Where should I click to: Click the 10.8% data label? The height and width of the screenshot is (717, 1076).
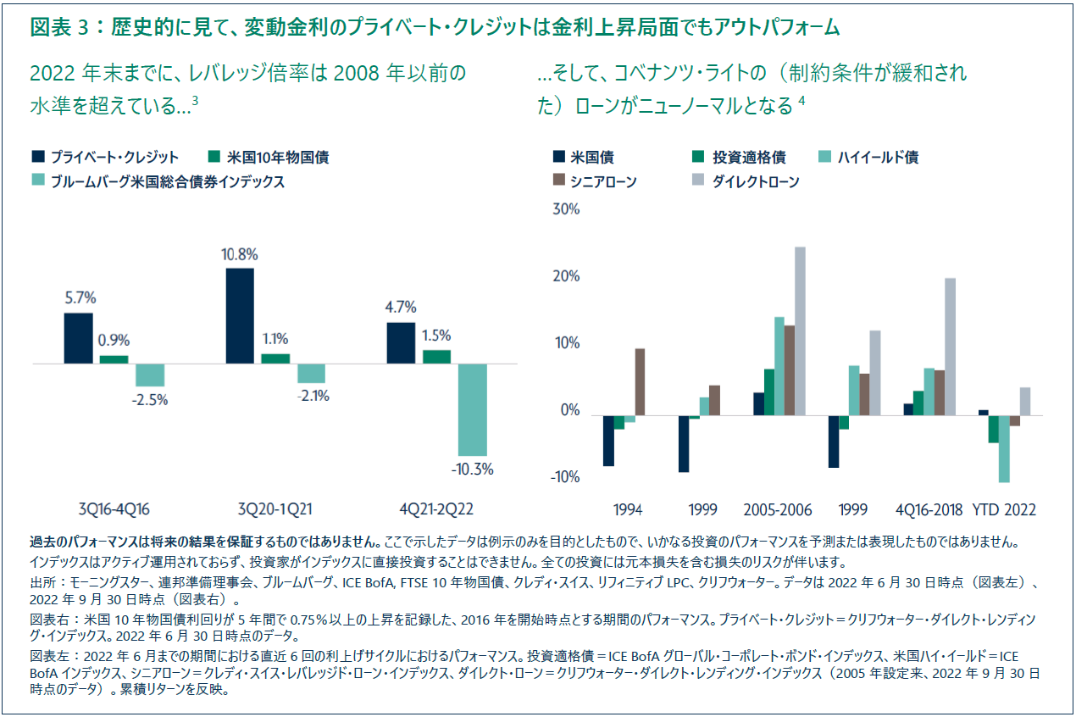coord(241,254)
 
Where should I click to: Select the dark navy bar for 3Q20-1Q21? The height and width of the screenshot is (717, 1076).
coord(241,315)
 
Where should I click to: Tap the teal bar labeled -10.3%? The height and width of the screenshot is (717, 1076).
coord(472,409)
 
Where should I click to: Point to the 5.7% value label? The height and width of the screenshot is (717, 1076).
coord(80,298)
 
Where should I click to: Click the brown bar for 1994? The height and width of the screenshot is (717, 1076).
coord(640,381)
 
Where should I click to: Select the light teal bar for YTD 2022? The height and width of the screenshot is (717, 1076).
coord(1004,448)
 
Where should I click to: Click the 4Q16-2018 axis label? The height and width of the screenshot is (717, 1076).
coord(929,509)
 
